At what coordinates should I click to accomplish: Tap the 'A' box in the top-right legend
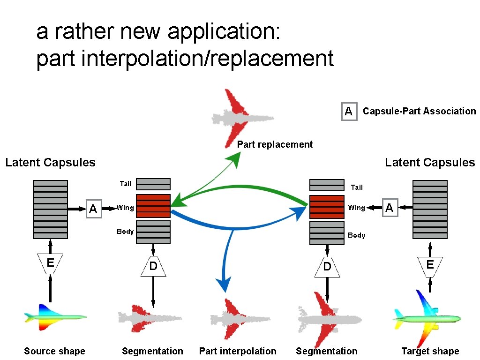point(349,111)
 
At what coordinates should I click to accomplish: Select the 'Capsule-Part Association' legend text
point(419,111)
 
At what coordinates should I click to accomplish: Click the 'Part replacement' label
point(275,144)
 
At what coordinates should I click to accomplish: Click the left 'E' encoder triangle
point(50,263)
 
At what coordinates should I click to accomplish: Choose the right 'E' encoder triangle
point(430,265)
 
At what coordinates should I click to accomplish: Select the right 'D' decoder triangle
point(327,267)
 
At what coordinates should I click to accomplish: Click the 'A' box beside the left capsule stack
point(93,209)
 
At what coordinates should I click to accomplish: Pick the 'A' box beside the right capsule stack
point(389,208)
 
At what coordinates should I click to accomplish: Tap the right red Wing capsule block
point(327,207)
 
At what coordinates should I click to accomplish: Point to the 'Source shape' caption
point(54,351)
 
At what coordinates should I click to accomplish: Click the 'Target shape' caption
point(430,351)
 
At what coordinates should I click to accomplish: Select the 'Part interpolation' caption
point(238,351)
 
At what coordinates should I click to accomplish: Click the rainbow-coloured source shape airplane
point(55,317)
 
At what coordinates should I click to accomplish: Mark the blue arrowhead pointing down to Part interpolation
point(224,285)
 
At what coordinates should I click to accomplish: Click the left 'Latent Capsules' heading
point(50,163)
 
